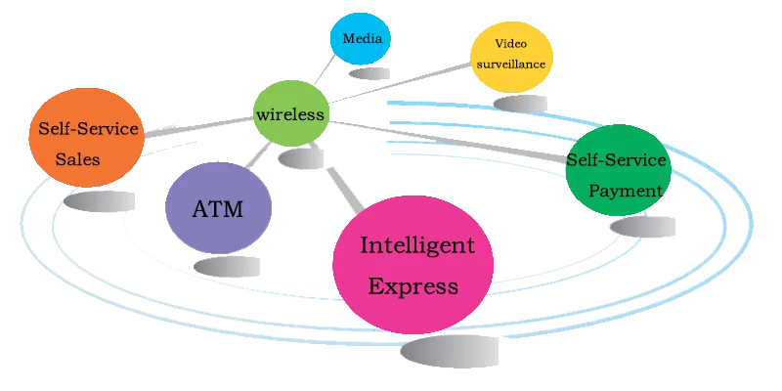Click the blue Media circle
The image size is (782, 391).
click(x=360, y=40)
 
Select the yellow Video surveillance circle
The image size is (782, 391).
click(x=511, y=56)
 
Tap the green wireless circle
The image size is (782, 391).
click(x=289, y=114)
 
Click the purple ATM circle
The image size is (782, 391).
click(x=217, y=208)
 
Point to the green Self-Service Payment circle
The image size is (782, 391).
click(x=616, y=172)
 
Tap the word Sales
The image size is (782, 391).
click(x=77, y=158)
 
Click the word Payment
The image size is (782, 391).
click(x=626, y=191)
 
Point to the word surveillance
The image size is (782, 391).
click(x=511, y=65)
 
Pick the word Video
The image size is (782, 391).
click(x=511, y=44)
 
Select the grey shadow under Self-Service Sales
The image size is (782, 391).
click(x=103, y=200)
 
